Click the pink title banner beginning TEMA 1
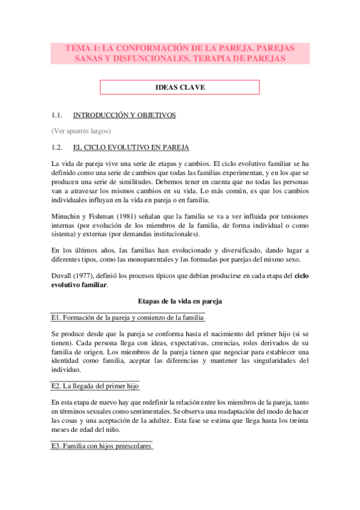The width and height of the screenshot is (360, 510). coord(180,53)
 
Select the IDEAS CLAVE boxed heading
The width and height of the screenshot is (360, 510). coord(180,88)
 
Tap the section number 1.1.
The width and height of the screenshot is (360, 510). coord(58,115)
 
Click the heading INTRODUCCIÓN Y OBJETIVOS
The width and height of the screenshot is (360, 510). coord(124,115)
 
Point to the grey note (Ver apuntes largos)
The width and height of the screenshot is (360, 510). coord(81,131)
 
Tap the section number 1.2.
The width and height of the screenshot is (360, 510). coord(58,147)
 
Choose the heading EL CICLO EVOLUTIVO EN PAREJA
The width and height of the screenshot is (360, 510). coord(131,147)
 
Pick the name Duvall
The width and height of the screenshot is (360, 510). coord(62,275)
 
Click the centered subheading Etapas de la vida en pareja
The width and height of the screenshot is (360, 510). coord(180,301)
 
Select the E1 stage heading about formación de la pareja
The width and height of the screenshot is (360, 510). coord(128,318)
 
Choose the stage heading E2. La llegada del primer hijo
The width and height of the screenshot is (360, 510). coord(96,386)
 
